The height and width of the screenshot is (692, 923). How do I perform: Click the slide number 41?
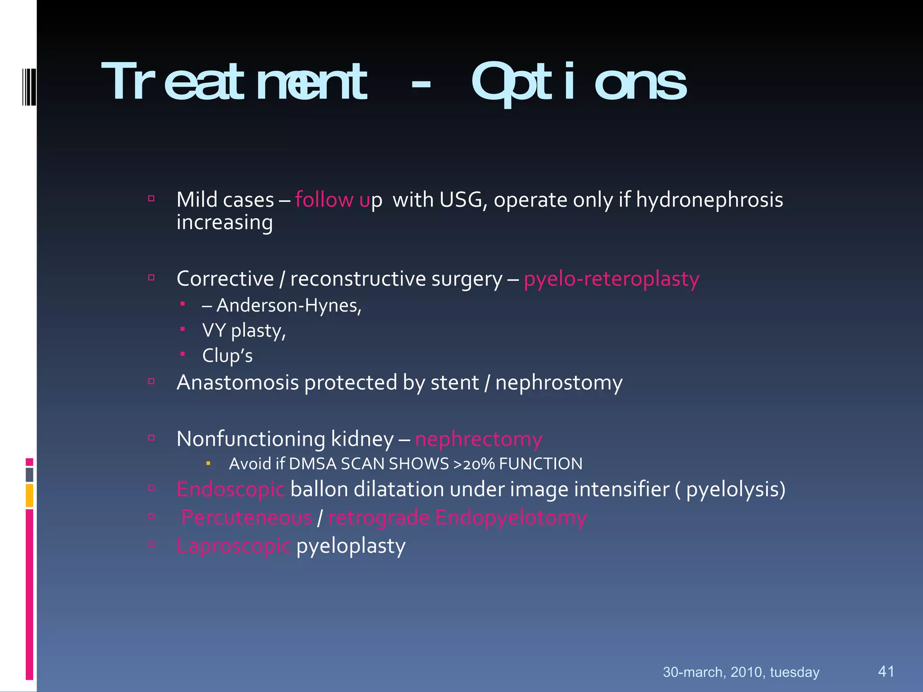pyautogui.click(x=886, y=671)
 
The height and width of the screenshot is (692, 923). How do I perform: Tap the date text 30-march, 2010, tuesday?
pyautogui.click(x=741, y=672)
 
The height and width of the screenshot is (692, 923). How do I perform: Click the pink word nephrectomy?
pyautogui.click(x=478, y=439)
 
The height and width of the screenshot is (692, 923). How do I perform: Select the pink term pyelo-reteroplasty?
pyautogui.click(x=611, y=279)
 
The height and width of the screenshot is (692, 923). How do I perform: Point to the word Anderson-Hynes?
pyautogui.click(x=289, y=305)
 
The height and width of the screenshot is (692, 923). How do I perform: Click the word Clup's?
pyautogui.click(x=227, y=355)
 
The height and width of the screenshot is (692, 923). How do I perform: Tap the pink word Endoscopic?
pyautogui.click(x=230, y=489)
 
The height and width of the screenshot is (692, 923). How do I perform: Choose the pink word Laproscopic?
pyautogui.click(x=233, y=546)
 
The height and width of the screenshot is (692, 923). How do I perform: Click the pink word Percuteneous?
pyautogui.click(x=246, y=518)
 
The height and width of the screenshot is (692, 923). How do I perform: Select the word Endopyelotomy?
pyautogui.click(x=511, y=518)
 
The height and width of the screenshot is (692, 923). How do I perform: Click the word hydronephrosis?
pyautogui.click(x=709, y=200)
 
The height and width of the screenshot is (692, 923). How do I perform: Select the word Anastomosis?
pyautogui.click(x=238, y=382)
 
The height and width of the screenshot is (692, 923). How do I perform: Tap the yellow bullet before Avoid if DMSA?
pyautogui.click(x=208, y=463)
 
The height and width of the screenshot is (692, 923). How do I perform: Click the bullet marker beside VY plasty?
pyautogui.click(x=183, y=329)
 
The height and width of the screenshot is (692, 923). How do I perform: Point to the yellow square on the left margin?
pyautogui.click(x=29, y=495)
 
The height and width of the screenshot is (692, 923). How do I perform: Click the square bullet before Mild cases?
pyautogui.click(x=151, y=198)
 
